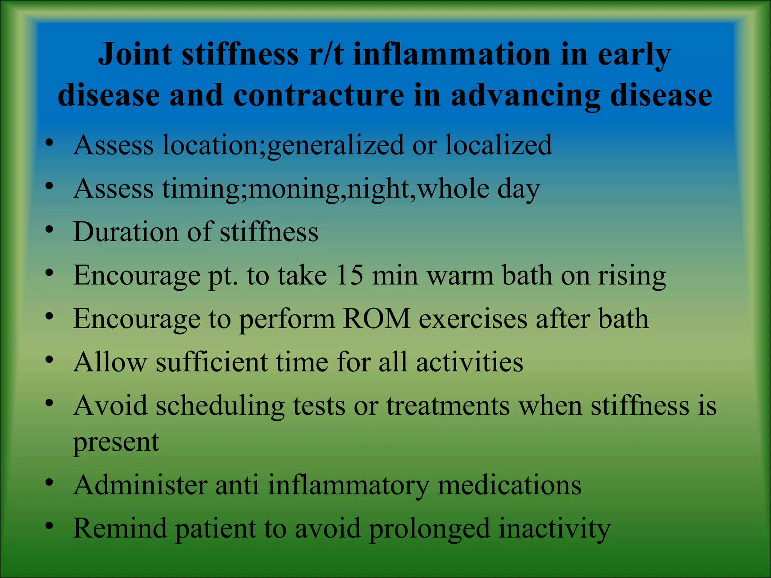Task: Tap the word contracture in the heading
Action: click(318, 96)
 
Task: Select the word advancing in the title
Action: click(525, 96)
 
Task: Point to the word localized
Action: click(498, 145)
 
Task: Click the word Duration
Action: click(126, 231)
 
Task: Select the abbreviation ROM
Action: click(376, 319)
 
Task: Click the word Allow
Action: click(110, 362)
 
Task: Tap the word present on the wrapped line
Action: click(116, 442)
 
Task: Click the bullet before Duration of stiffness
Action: click(49, 230)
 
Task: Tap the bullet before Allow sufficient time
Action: click(49, 360)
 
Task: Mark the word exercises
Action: click(473, 319)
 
